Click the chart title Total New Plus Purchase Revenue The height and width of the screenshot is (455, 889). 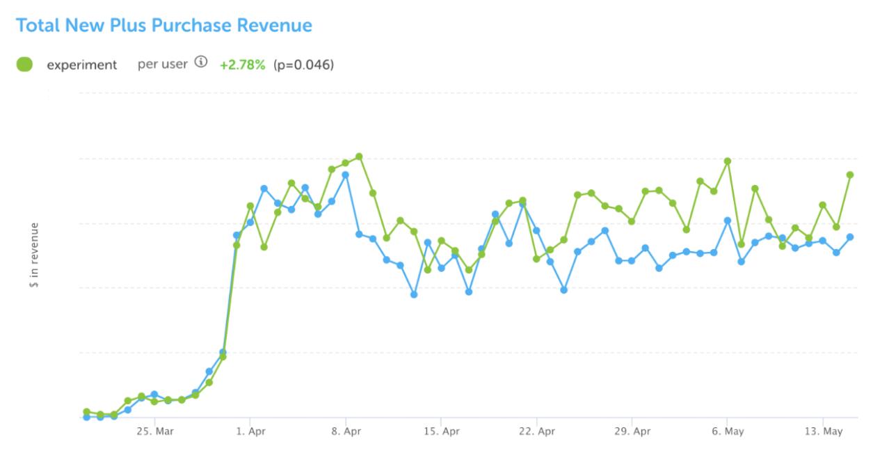164,26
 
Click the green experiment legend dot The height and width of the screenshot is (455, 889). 24,65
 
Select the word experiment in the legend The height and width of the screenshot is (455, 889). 82,65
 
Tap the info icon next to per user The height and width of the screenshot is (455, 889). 201,63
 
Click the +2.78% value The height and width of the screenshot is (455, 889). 242,65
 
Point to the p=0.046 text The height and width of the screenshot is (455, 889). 303,65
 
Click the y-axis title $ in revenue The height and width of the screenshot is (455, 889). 34,255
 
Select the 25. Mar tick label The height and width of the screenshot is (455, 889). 155,431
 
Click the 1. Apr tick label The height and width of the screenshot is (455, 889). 250,431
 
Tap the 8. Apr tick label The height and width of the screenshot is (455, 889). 346,431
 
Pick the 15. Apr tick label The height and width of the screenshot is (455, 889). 441,431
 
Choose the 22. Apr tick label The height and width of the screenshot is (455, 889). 536,431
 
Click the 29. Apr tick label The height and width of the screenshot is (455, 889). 632,431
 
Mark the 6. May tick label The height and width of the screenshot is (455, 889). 727,431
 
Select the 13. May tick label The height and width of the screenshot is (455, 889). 823,431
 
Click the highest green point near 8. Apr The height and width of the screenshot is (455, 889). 359,157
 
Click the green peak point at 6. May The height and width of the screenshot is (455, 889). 728,161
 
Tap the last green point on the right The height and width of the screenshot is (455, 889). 850,175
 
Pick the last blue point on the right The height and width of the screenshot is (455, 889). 850,237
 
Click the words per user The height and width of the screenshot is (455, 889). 163,64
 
